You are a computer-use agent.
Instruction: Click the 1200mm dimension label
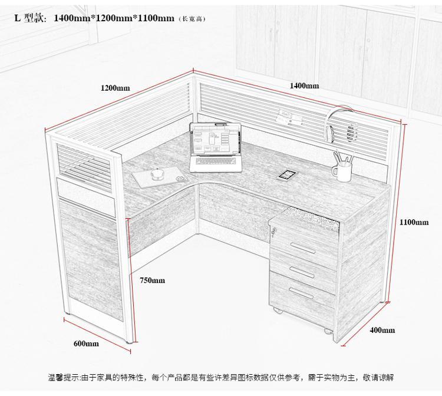point(116,88)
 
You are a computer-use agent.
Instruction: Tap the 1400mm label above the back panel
point(305,85)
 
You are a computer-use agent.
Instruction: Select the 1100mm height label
point(414,222)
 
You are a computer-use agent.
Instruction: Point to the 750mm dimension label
point(152,280)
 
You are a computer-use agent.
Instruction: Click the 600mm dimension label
point(86,344)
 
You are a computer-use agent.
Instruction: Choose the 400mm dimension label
point(382,330)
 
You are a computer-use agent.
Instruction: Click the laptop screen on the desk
point(216,140)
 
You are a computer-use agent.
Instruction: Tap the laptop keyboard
point(216,161)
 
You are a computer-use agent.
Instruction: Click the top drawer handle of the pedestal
point(303,247)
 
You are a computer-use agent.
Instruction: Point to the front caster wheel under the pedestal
point(328,331)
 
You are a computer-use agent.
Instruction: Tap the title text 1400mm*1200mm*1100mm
point(114,18)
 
